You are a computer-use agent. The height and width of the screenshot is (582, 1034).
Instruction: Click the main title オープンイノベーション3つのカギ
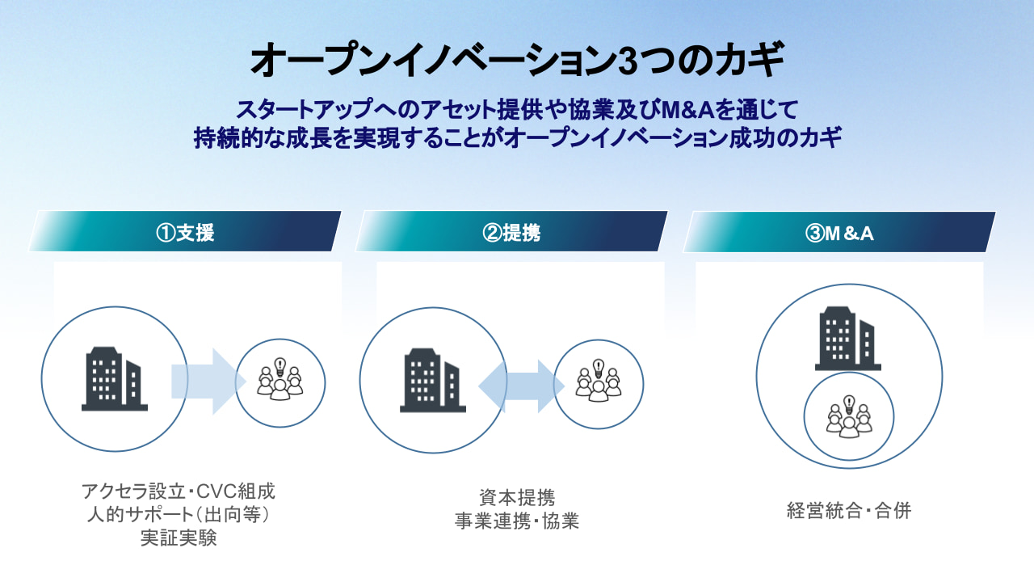[517, 60]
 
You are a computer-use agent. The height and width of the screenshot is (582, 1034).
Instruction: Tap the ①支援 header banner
[185, 231]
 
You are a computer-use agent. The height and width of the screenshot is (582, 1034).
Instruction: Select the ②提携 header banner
[511, 231]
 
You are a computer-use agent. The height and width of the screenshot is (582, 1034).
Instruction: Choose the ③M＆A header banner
[839, 232]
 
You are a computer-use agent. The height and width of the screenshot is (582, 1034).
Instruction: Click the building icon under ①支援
[115, 379]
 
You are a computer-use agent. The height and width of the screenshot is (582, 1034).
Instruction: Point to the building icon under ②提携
[432, 380]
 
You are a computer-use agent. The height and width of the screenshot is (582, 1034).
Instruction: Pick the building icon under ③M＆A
[848, 338]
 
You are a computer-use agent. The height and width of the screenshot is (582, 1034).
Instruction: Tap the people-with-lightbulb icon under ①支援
[280, 379]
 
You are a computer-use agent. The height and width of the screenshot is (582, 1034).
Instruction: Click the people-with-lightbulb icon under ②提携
[599, 380]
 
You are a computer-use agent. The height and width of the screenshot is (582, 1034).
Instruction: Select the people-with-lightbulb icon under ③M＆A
[849, 416]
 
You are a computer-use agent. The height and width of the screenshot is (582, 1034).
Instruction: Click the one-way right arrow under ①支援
[208, 382]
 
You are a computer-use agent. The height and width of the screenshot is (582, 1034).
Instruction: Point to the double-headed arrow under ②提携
[522, 386]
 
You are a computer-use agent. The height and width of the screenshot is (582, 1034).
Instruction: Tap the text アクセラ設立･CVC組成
[179, 491]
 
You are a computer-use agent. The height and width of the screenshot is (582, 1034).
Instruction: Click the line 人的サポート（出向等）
[179, 515]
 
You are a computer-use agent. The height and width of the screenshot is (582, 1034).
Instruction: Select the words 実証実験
[179, 538]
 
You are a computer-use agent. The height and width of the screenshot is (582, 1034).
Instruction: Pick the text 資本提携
[517, 497]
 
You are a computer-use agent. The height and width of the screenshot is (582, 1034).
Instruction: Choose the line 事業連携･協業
[517, 521]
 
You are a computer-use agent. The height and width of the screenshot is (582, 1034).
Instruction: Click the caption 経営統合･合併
[849, 511]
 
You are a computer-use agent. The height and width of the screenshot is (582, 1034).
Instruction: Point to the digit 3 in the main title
[628, 61]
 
